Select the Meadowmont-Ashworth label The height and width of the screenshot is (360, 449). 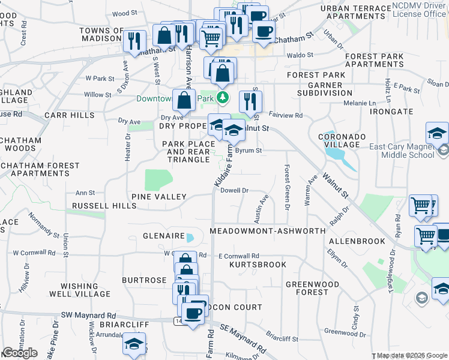(268, 231)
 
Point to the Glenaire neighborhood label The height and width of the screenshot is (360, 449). (163, 236)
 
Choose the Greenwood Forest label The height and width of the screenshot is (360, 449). (307, 288)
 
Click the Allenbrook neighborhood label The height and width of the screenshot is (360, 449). (357, 241)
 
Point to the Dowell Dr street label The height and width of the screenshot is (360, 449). (235, 191)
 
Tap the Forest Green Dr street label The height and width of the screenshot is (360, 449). (287, 188)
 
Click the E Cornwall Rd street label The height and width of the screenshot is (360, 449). (238, 256)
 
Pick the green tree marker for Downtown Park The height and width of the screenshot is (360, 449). (223, 97)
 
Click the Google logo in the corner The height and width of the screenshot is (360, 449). (20, 353)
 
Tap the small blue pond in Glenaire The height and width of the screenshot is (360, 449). (190, 238)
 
